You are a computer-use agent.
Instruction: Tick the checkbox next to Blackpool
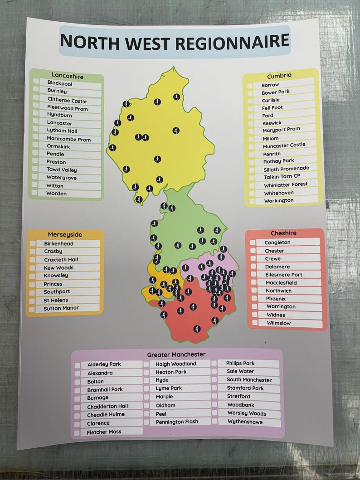36,82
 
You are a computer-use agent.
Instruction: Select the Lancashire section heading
67,75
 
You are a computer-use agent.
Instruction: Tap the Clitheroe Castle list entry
67,101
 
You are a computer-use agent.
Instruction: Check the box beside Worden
35,193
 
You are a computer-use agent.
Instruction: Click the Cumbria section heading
279,75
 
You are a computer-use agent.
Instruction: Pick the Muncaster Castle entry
284,145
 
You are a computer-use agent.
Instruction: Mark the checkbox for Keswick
250,123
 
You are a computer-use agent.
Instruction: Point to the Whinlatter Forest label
286,184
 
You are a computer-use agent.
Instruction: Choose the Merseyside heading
65,234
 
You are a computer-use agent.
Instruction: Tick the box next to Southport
33,292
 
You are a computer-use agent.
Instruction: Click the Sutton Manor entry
61,308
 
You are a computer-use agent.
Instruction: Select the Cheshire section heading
284,233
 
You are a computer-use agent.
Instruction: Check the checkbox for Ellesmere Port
253,275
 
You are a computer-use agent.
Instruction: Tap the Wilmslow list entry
278,323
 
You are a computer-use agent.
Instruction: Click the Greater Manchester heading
176,354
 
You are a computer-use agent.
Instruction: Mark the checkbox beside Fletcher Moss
78,432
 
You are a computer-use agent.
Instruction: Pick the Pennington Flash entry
177,422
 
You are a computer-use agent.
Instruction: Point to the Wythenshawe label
245,422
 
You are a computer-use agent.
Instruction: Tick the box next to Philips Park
215,363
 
